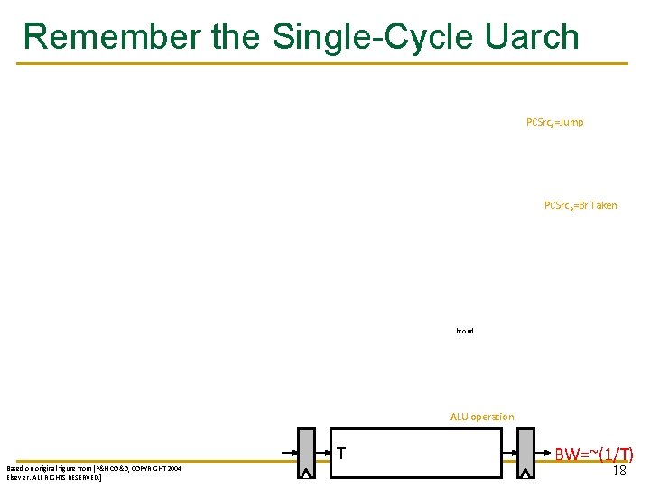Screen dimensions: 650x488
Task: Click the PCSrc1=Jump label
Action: [554, 122]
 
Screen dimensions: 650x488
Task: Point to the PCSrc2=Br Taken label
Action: [580, 205]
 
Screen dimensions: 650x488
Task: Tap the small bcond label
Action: [465, 331]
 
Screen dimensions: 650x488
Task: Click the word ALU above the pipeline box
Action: [460, 417]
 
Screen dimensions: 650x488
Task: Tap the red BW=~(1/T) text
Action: [593, 455]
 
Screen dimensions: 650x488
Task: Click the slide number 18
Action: [619, 471]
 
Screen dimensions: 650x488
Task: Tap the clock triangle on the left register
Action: [306, 473]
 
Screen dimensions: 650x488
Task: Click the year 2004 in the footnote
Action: [173, 469]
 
